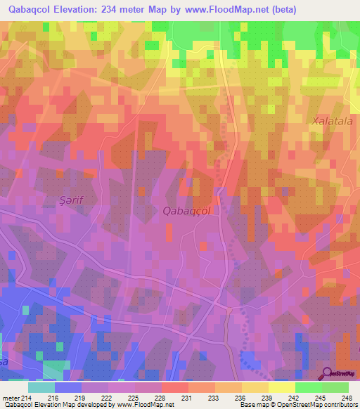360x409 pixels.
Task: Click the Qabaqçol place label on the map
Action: [186, 209]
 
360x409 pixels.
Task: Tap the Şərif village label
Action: [71, 200]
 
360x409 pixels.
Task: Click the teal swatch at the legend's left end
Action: [41, 387]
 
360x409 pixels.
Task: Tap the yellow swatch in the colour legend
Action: [281, 387]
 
